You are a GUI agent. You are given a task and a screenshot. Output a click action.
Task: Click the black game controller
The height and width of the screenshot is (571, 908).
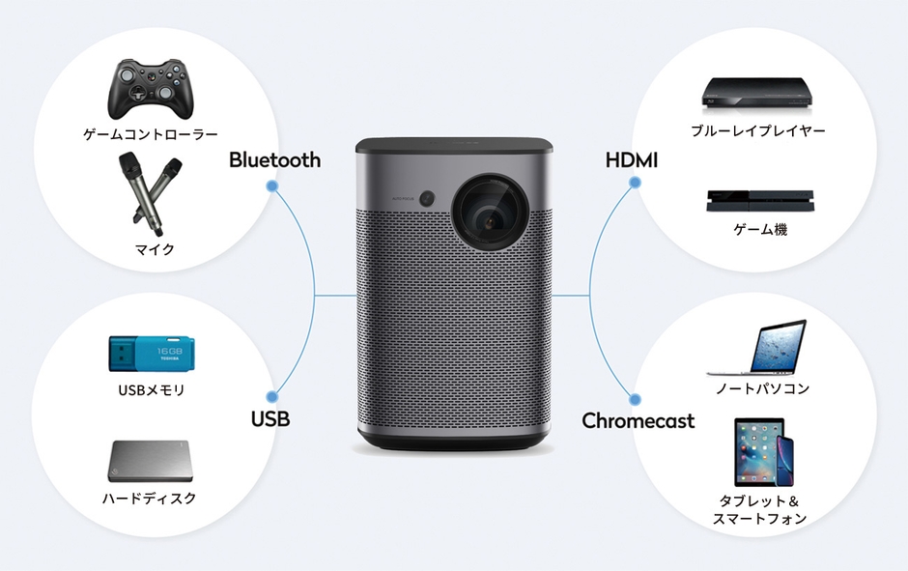point(150,88)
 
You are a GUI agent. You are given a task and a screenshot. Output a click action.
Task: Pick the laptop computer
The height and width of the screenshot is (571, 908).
point(758,349)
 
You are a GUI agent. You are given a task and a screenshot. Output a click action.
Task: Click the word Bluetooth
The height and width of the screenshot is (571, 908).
point(274,160)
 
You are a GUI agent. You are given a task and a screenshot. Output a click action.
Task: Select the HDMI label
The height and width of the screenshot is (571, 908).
point(631,160)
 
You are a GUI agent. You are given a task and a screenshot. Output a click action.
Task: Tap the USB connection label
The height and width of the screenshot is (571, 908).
point(270,419)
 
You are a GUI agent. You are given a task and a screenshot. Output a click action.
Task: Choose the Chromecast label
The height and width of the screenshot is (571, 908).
point(638,421)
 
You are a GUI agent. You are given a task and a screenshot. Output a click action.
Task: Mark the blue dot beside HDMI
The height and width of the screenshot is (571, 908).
point(635,186)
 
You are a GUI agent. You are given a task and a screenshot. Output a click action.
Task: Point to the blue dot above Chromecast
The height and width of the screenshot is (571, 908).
point(635,396)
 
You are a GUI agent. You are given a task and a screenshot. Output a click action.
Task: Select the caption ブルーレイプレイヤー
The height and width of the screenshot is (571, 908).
point(757,130)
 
